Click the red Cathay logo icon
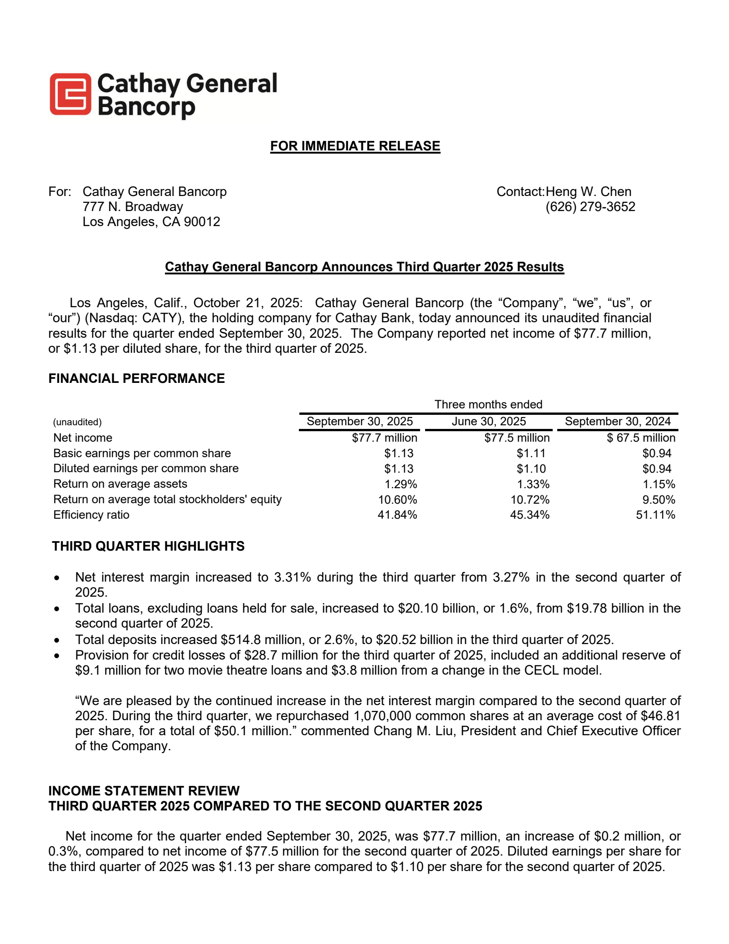click(x=70, y=94)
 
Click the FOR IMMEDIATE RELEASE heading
click(x=355, y=146)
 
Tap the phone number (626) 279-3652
click(x=590, y=207)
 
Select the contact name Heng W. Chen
click(x=588, y=191)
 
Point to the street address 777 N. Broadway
click(x=133, y=207)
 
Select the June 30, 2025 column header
click(x=488, y=422)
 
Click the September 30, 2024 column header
click(x=617, y=422)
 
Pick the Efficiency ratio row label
click(x=91, y=515)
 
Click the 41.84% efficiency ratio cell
click(x=397, y=515)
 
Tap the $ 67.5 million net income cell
click(x=641, y=438)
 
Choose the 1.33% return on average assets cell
click(x=533, y=484)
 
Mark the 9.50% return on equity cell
click(x=658, y=500)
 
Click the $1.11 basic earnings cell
click(x=531, y=454)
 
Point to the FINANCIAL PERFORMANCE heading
click(x=136, y=379)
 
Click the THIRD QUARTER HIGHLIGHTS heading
click(x=148, y=546)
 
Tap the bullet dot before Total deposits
click(x=56, y=640)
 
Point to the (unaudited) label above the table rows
click(x=77, y=422)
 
